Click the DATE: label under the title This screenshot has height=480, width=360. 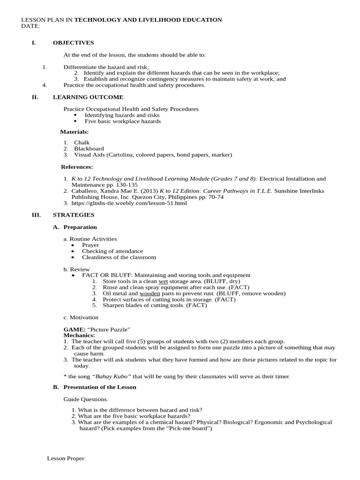[x=30, y=26]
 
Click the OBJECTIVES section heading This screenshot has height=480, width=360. [x=73, y=43]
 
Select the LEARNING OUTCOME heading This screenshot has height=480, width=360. [x=88, y=97]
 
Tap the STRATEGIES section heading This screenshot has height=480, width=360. [x=73, y=215]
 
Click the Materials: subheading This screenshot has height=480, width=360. [x=75, y=132]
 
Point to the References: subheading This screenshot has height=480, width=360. [x=77, y=166]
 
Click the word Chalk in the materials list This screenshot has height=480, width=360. [x=82, y=142]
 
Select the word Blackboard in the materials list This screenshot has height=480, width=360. [x=89, y=149]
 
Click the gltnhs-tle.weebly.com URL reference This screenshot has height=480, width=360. [x=129, y=203]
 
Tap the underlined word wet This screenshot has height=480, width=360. [x=163, y=281]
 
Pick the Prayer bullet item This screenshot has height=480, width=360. [x=90, y=245]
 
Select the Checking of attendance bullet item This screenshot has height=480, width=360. [x=112, y=251]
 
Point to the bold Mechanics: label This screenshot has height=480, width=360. [x=79, y=336]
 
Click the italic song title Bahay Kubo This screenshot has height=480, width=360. [x=109, y=376]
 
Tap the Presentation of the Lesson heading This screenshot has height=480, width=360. [x=100, y=387]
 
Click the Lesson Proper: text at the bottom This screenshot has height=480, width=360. [x=67, y=458]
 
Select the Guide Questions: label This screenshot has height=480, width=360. [x=86, y=399]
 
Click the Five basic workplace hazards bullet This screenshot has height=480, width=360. [x=122, y=121]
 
